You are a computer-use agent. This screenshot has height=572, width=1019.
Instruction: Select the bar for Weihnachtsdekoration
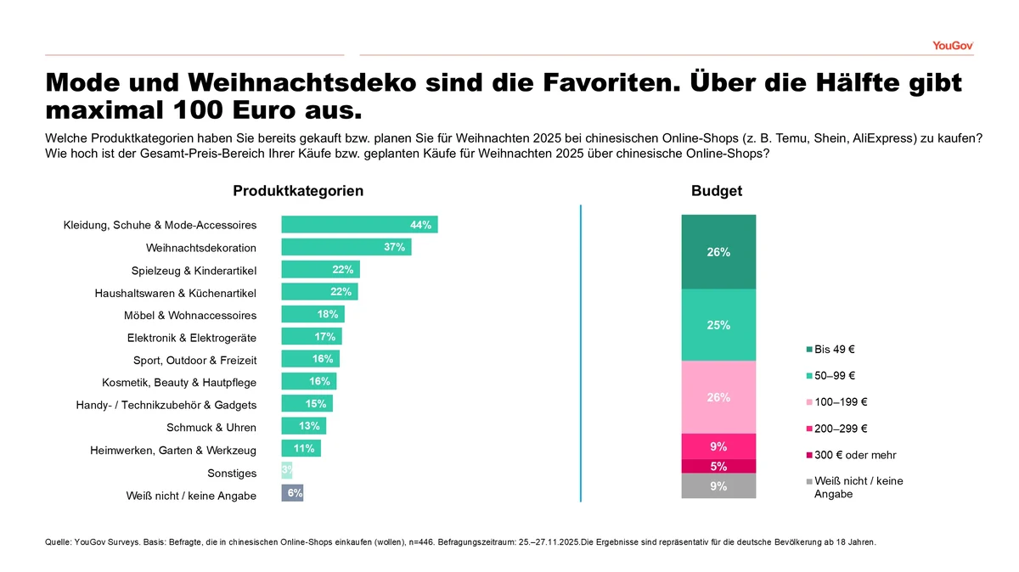[346, 247]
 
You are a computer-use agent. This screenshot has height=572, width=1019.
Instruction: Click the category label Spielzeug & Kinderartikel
[194, 271]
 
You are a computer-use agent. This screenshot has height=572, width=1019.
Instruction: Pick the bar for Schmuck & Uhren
[303, 426]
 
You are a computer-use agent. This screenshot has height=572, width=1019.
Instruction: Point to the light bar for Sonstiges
[286, 470]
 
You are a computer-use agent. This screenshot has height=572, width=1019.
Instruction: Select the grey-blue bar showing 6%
[292, 493]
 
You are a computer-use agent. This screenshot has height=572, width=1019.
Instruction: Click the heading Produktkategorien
[298, 192]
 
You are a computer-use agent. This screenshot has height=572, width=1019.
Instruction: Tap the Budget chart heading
[717, 192]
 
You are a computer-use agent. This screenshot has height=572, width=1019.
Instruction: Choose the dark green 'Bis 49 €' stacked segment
[718, 252]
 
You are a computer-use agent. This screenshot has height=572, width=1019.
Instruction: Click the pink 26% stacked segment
[718, 397]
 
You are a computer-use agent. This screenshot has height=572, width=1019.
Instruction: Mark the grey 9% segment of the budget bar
[718, 486]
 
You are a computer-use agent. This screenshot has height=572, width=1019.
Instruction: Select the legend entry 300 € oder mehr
[854, 455]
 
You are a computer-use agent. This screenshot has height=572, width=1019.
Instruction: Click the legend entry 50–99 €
[834, 375]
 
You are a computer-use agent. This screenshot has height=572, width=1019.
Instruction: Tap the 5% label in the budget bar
[718, 466]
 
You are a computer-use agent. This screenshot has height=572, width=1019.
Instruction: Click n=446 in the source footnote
[398, 541]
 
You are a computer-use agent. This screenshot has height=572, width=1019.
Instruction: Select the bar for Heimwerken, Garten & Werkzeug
[301, 448]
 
